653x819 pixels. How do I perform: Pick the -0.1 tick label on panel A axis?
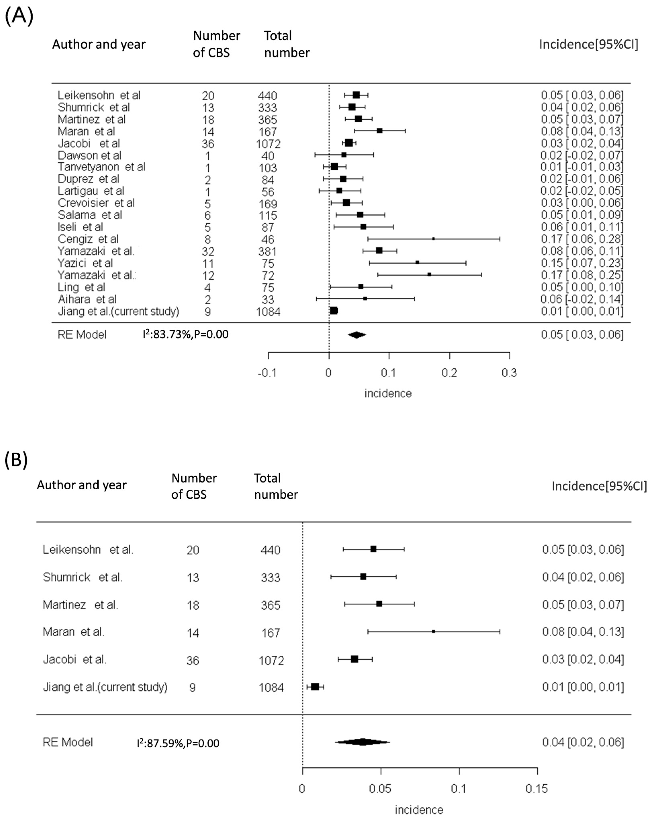tap(267, 373)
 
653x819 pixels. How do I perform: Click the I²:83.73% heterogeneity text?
tap(185, 334)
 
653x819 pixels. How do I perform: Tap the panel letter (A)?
tap(19, 17)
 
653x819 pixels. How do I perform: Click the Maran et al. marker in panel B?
tap(433, 631)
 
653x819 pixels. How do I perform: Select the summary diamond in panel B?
tap(363, 742)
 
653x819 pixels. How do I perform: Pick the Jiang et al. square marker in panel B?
tap(315, 687)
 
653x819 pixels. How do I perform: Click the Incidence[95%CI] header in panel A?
tap(588, 44)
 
